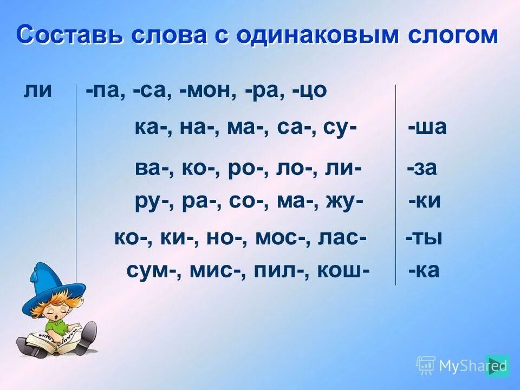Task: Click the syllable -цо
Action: (x=309, y=90)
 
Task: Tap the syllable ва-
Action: (x=148, y=168)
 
